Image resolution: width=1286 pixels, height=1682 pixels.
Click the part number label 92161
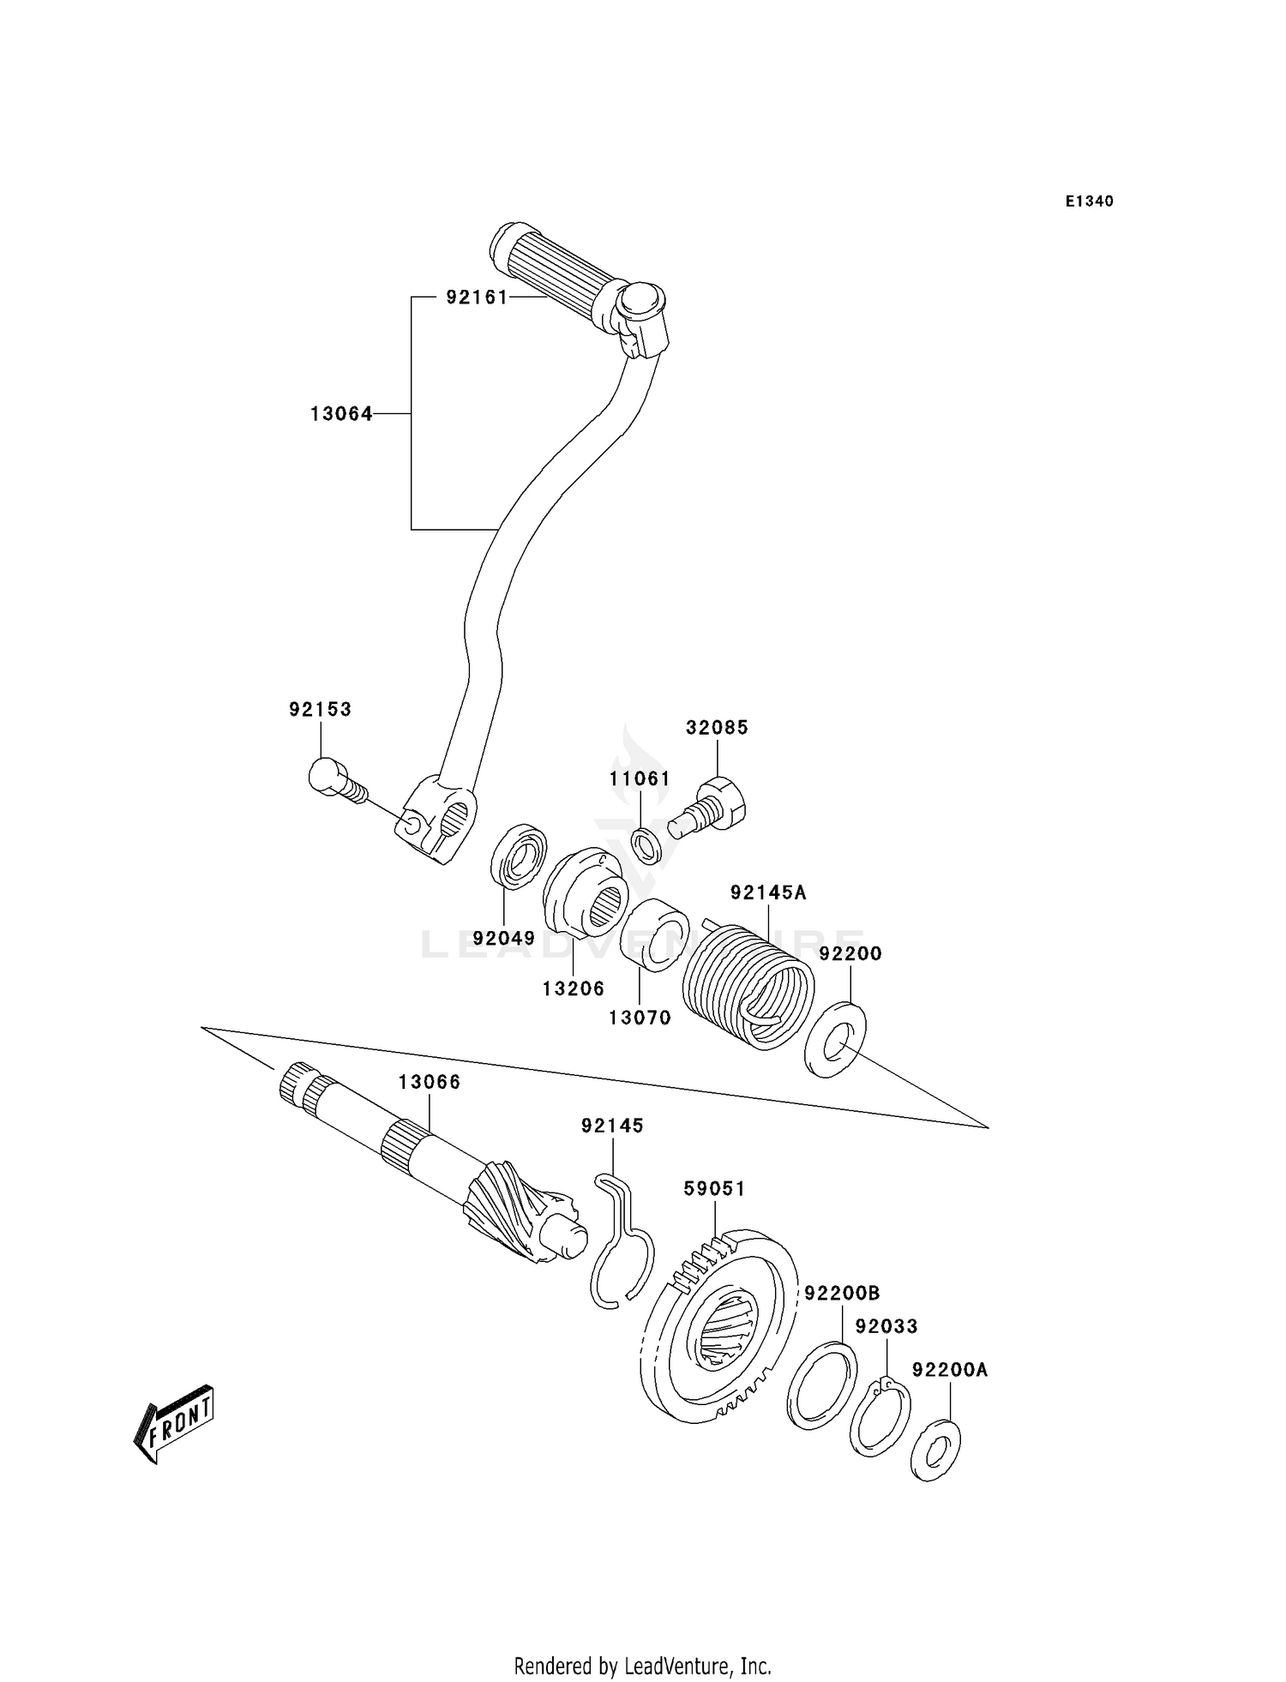[476, 297]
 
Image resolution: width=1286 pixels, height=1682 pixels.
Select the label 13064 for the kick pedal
[341, 414]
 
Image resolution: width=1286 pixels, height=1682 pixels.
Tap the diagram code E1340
[1090, 201]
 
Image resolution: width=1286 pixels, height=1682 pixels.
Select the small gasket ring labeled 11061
[647, 844]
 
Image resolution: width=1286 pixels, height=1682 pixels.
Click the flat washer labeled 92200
[836, 1039]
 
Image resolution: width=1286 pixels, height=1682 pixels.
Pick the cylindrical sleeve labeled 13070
[656, 934]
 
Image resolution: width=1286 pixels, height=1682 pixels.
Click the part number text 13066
[429, 1083]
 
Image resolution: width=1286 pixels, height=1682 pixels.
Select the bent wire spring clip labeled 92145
[622, 1243]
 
